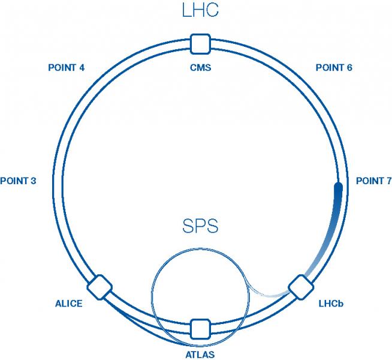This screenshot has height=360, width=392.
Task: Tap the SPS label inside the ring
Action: [x=200, y=227]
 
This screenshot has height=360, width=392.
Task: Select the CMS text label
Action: [x=200, y=68]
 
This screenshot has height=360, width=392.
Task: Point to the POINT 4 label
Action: [x=66, y=68]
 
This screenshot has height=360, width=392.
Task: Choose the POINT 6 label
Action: [x=334, y=68]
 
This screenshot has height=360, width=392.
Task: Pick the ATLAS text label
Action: [x=200, y=355]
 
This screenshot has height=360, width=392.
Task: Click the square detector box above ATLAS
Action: [x=199, y=329]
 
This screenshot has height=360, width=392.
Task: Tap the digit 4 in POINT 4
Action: [x=81, y=68]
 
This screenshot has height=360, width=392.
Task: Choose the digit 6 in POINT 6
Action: [x=349, y=68]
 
